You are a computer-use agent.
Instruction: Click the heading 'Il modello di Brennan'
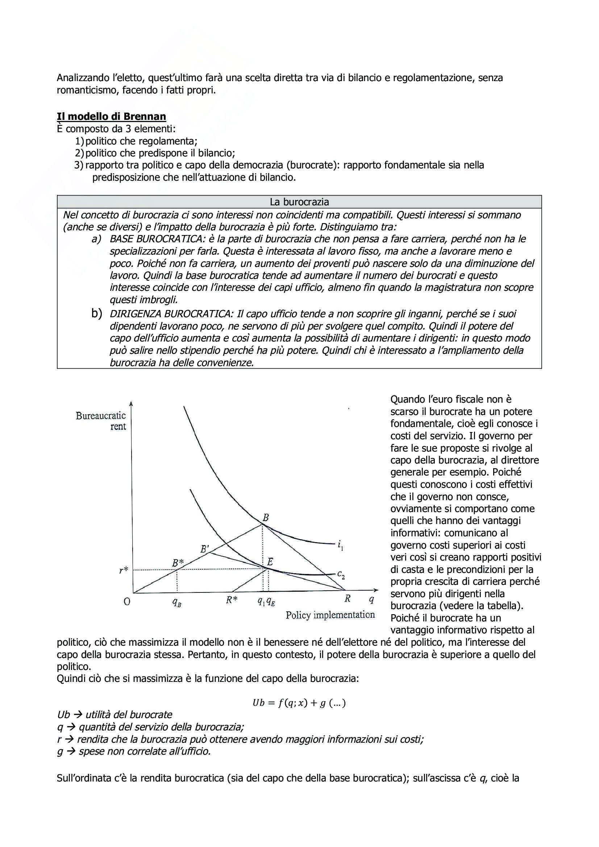[x=111, y=117]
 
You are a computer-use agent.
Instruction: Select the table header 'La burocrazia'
[x=299, y=202]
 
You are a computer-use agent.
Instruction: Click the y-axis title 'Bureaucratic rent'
[x=101, y=421]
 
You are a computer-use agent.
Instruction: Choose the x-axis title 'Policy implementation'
[x=330, y=615]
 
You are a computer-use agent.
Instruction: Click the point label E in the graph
[x=270, y=562]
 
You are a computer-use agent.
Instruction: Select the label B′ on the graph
[x=204, y=549]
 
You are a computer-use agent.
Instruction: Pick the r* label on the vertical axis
[x=124, y=570]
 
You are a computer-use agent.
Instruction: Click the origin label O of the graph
[x=126, y=601]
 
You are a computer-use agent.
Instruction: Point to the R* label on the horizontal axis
[x=232, y=600]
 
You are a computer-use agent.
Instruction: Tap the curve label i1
[x=340, y=544]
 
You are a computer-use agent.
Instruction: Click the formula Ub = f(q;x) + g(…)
[x=299, y=703]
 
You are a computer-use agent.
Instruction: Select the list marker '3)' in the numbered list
[x=79, y=165]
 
